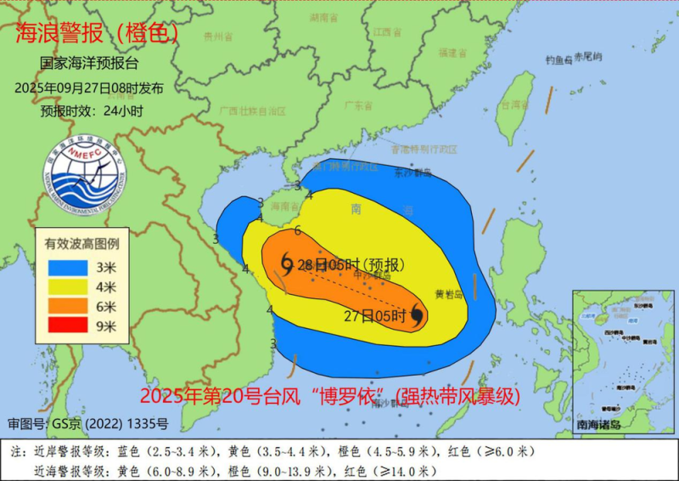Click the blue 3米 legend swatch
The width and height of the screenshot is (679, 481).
[x=65, y=267]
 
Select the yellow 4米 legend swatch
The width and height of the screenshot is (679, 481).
[x=65, y=286]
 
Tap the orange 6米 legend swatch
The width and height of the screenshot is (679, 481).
[x=65, y=306]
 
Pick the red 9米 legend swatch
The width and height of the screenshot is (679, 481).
[x=65, y=325]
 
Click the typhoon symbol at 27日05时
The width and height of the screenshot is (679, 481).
[x=417, y=316]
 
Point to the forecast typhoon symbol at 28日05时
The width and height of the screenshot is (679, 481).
[x=286, y=264]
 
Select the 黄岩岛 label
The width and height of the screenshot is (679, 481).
[x=448, y=295]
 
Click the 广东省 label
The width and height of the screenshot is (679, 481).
[x=358, y=105]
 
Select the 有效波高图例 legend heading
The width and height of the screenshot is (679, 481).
[x=81, y=244]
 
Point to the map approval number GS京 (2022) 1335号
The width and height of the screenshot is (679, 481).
[x=88, y=423]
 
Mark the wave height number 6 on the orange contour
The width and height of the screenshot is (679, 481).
[x=298, y=230]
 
